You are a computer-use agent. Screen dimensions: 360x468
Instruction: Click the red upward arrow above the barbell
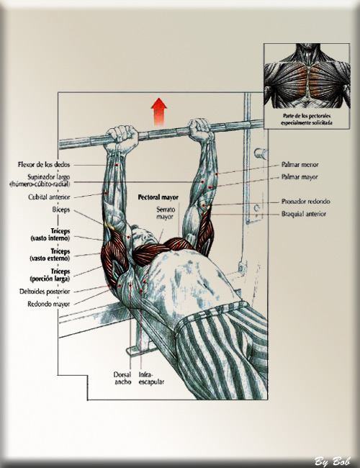[159, 112]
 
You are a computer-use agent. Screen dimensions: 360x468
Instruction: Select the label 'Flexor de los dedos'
[44, 164]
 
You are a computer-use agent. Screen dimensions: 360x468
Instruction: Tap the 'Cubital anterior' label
[49, 197]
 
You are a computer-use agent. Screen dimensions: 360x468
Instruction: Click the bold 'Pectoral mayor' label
[158, 197]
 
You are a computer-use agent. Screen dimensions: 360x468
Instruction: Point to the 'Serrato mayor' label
[165, 213]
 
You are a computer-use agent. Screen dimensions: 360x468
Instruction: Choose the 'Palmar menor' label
[300, 164]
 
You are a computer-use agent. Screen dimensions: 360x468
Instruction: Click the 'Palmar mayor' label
[300, 177]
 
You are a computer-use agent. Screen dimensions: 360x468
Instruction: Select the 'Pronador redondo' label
[306, 202]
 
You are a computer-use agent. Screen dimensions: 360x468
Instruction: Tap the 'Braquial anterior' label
[304, 214]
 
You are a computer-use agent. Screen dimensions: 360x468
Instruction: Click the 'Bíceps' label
[61, 210]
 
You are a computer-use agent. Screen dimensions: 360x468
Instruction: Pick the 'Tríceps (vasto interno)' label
[50, 235]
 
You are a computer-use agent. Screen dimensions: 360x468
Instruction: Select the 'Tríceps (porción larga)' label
[50, 275]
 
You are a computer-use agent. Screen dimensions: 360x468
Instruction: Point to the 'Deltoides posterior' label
[45, 292]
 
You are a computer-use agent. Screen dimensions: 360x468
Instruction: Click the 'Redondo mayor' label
[49, 304]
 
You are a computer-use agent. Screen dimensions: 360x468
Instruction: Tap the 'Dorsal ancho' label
[122, 378]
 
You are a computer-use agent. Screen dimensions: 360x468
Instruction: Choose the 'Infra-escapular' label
[151, 378]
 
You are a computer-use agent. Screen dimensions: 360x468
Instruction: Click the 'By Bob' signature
[332, 461]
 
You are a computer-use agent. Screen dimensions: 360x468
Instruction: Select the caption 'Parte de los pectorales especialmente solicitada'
[307, 119]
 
